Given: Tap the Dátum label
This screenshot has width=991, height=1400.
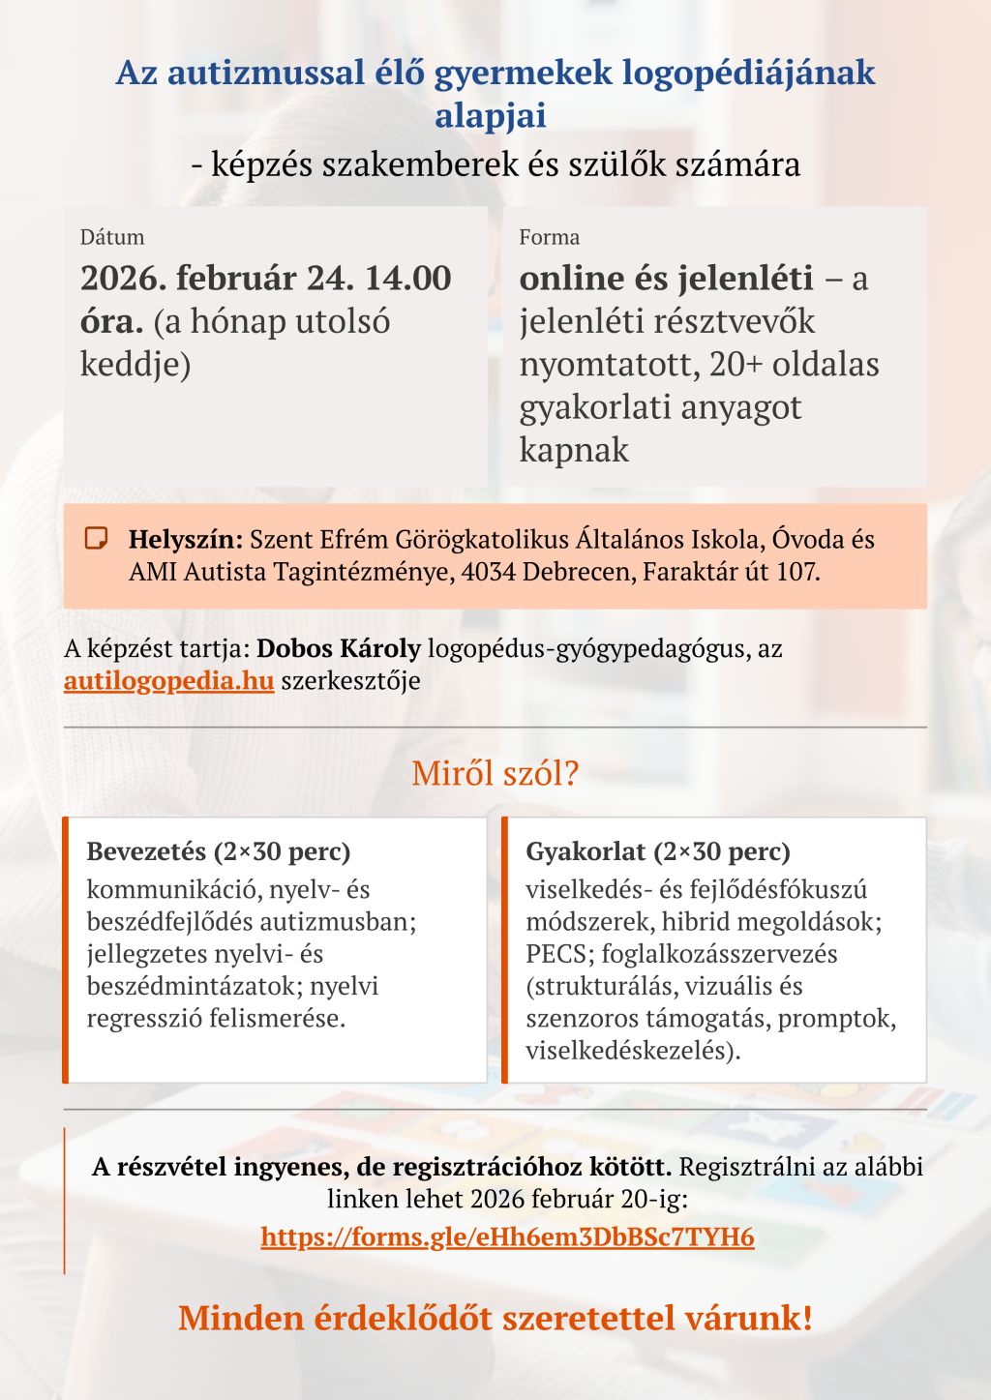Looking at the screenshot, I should coord(112,237).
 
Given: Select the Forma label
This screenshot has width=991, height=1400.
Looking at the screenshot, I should coord(549,237).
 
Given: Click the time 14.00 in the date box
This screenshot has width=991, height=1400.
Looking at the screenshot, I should coord(407,279).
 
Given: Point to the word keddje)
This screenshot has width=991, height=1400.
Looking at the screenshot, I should coord(135,364).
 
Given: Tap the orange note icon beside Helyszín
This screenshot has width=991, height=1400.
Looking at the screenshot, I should coord(96,539).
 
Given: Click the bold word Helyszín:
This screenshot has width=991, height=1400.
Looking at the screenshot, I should coord(185,539).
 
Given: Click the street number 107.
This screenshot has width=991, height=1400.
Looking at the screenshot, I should coord(797,571).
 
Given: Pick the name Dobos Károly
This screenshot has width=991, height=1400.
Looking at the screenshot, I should coord(339,648).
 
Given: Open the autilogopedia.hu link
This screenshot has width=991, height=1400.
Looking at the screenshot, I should coord(169,680).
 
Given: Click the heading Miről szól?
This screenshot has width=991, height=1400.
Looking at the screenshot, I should coord(495,773).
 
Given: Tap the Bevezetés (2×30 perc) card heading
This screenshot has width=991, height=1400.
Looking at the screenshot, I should coord(219,851).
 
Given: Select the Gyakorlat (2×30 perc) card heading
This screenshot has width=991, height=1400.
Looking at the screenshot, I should coord(658,851).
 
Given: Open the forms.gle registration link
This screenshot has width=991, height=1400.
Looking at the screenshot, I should coord(507,1236).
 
